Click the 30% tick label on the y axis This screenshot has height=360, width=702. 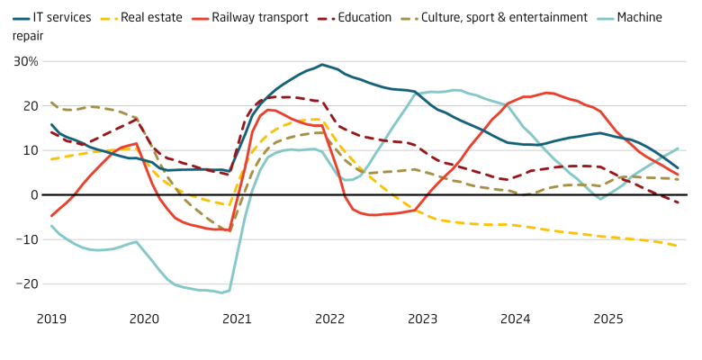tap(25, 62)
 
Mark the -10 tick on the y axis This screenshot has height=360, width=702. tap(26, 239)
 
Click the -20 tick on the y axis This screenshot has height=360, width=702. tap(26, 283)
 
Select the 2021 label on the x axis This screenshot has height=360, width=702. tap(236, 319)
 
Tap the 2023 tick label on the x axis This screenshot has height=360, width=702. tap(422, 319)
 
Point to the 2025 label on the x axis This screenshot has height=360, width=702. tap(607, 319)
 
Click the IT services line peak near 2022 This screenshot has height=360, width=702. tap(321, 65)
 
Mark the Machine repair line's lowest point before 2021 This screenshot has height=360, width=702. tap(221, 292)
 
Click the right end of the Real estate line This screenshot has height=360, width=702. tap(678, 246)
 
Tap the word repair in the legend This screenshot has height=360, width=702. tap(27, 34)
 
